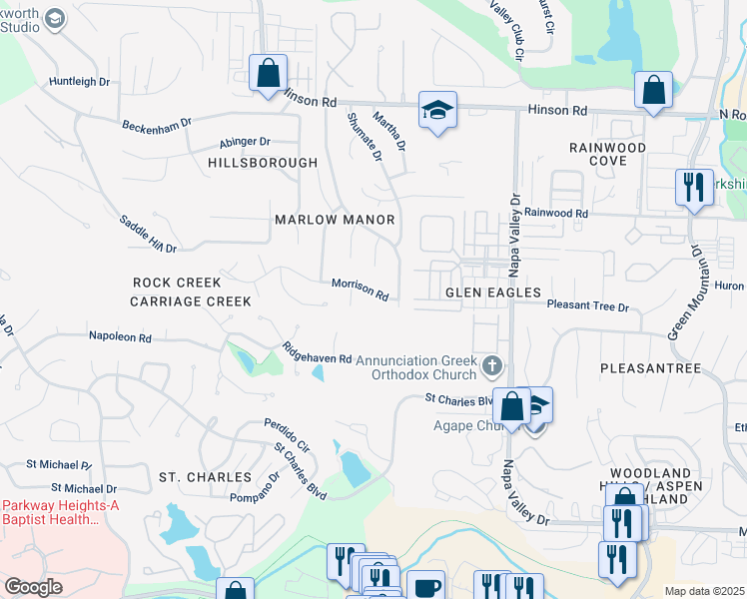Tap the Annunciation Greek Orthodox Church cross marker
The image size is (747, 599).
pyautogui.click(x=490, y=366)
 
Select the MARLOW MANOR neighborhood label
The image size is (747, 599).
pyautogui.click(x=335, y=220)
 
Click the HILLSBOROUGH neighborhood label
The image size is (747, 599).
pyautogui.click(x=263, y=163)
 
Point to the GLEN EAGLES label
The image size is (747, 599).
pyautogui.click(x=492, y=293)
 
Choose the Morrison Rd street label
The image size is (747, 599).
pyautogui.click(x=360, y=289)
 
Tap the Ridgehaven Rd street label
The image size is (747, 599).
pyautogui.click(x=317, y=351)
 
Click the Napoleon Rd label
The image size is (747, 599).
pyautogui.click(x=119, y=337)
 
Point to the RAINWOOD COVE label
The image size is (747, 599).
pyautogui.click(x=607, y=154)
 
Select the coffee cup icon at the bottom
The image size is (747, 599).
pyautogui.click(x=427, y=586)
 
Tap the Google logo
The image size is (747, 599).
pyautogui.click(x=33, y=587)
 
